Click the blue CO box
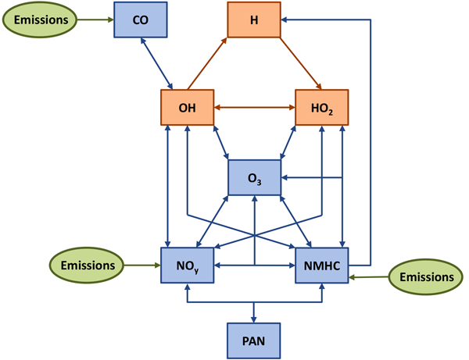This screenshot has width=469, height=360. coord(141,19)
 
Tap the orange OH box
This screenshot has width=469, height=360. coord(187,108)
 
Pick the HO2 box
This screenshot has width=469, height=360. coord(321,108)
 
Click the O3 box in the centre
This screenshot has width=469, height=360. coord(254,177)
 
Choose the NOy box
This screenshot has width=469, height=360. coord(187,266)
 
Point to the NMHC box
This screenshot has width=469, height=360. coord(321,266)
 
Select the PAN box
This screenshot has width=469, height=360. coord(254,340)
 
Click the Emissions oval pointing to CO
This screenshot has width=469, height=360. coord(41,19)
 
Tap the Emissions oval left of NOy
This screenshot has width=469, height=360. coord(87,266)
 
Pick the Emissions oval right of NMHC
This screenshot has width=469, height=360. coord(425,276)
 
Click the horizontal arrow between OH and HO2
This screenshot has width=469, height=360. coord(254,108)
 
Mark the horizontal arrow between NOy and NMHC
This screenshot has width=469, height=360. coord(254,266)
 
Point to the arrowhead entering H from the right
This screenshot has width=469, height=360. coord(285,20)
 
